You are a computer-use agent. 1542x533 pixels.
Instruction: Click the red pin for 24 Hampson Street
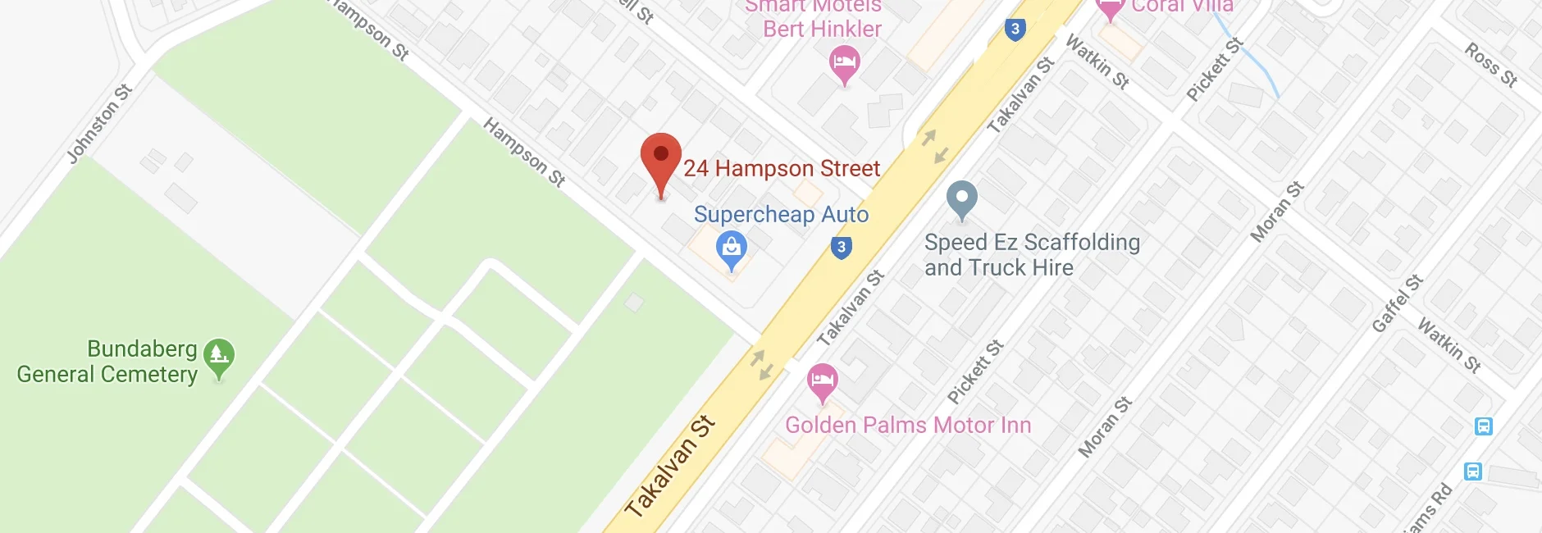(660, 157)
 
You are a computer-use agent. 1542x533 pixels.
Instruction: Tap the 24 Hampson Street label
(781, 169)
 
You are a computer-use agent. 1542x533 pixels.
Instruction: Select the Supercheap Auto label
(781, 215)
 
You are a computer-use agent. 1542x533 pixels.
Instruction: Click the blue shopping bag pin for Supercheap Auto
(731, 248)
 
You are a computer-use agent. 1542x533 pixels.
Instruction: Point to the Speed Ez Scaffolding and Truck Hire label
(1031, 255)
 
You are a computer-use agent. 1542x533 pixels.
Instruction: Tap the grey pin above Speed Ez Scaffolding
(961, 198)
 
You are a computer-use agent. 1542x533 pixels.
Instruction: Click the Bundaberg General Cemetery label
(107, 362)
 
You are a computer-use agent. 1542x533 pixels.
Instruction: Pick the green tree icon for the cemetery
(219, 356)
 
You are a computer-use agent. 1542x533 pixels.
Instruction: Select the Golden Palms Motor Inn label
(908, 425)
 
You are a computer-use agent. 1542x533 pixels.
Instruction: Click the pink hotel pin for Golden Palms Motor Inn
(822, 380)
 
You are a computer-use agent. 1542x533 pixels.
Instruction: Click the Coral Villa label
(1181, 7)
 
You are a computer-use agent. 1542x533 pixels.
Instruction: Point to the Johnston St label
(99, 124)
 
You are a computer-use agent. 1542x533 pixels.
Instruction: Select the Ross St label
(1491, 65)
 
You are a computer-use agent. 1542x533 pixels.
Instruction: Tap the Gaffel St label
(1397, 304)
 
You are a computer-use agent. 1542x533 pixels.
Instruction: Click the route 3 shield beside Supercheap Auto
(841, 247)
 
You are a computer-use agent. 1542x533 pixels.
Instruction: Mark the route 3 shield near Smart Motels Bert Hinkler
(1015, 30)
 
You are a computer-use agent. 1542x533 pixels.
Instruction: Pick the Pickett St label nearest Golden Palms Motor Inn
(975, 372)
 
